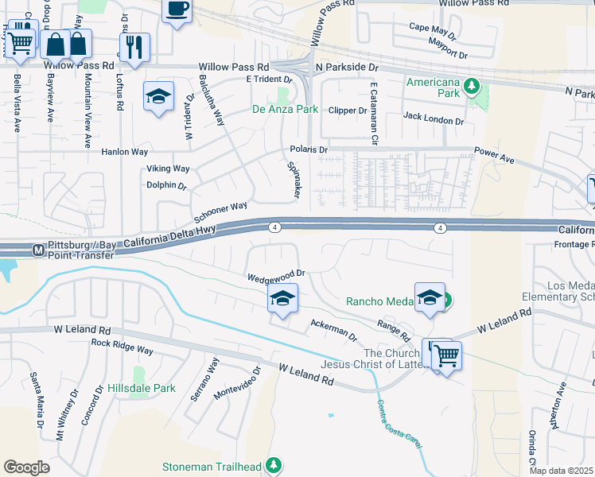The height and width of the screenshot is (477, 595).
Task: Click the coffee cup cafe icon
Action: tap(177, 10)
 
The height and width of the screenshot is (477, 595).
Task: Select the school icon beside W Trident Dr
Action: tap(159, 97)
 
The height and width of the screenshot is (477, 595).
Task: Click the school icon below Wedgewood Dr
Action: tap(282, 299)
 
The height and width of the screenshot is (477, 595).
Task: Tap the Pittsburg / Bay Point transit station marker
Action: tap(37, 250)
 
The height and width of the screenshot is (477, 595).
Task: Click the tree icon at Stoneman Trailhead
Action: tap(274, 463)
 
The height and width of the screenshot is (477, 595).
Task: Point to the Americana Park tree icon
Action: tap(471, 84)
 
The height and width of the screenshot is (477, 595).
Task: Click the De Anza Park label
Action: tap(285, 109)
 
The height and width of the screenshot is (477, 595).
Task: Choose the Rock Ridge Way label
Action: tap(122, 347)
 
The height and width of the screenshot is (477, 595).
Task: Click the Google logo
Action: tap(26, 467)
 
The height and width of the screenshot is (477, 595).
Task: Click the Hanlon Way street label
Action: tap(124, 151)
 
